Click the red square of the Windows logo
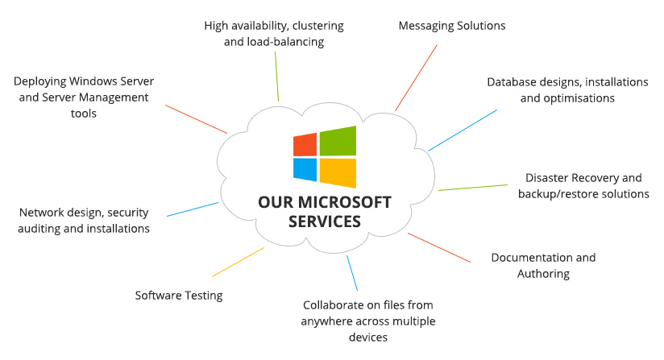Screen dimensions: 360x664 pos(305,144)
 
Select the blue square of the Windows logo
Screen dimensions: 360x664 pos(305,169)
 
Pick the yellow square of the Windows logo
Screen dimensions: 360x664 pos(338,172)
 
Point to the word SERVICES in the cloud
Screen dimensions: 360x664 pos(325,221)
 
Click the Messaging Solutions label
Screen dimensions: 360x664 pos(452,26)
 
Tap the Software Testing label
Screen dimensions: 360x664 pos(179,296)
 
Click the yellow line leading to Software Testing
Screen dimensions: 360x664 pos(238,262)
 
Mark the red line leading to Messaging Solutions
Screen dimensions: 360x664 pos(417,77)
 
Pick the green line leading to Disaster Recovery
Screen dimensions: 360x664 pos(473,187)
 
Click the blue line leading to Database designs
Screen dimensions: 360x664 pos(463,130)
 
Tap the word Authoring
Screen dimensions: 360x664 pos(543,274)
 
